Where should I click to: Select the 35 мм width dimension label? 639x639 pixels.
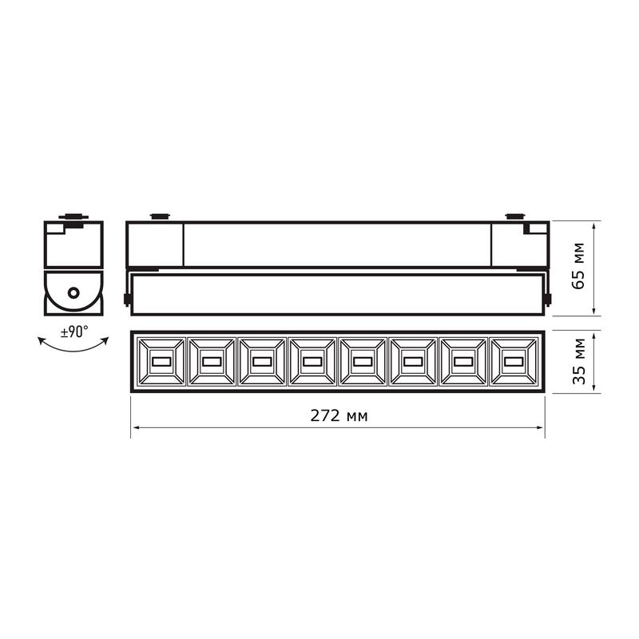point(580,362)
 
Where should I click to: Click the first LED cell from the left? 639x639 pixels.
point(161,362)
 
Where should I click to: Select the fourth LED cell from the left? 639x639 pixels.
point(312,362)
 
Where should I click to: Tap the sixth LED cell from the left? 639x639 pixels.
point(413,362)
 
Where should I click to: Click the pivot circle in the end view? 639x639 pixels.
point(73,293)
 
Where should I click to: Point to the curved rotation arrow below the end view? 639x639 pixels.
point(73,346)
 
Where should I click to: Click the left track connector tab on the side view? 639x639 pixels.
point(159,216)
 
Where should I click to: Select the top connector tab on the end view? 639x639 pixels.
point(73,216)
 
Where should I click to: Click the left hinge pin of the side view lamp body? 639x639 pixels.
point(127,300)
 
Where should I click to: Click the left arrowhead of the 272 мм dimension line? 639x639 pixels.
point(135,428)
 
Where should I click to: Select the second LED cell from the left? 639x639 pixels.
point(211,362)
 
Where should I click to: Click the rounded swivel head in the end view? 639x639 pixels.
point(73,294)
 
